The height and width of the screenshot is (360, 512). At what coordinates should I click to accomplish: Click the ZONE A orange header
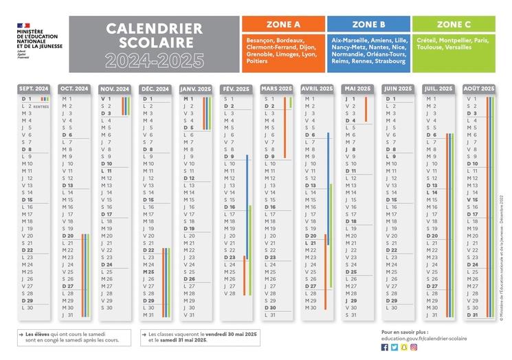[282, 23]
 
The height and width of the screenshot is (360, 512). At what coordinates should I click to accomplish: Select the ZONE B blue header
[368, 23]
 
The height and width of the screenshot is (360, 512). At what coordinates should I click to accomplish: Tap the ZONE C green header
[454, 23]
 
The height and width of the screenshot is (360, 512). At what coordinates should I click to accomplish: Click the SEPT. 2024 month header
[34, 89]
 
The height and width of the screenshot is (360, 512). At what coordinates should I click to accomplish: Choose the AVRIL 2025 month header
[318, 89]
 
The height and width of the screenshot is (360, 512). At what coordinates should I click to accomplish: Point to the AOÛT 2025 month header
[479, 89]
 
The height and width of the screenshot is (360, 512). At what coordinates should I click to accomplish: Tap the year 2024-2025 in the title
[155, 61]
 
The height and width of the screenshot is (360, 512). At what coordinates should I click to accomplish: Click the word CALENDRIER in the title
[155, 29]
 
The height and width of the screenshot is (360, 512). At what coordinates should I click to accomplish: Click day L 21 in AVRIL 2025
[311, 243]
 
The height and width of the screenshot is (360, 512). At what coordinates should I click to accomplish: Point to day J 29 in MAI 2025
[351, 300]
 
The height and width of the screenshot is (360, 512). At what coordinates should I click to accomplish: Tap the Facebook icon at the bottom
[385, 348]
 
